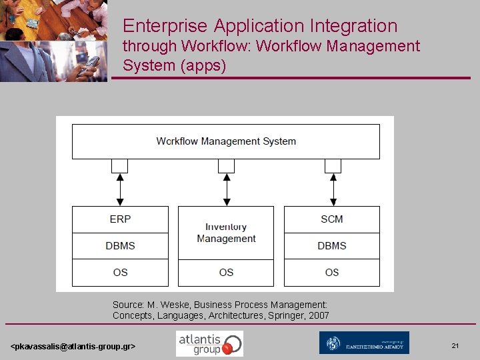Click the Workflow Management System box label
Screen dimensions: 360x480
tap(226, 141)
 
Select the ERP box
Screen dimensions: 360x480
tap(120, 219)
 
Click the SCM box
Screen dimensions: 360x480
tap(331, 219)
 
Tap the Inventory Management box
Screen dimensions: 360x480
tap(226, 233)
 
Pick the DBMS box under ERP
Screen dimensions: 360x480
tap(120, 246)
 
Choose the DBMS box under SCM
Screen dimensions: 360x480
tap(331, 246)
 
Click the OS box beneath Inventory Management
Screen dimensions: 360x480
tap(226, 273)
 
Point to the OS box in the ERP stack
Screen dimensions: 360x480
tap(120, 273)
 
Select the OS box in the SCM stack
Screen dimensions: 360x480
tap(331, 273)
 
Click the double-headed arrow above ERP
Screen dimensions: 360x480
tap(120, 189)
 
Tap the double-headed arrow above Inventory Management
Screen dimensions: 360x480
tap(227, 189)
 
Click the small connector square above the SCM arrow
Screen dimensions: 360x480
tap(333, 165)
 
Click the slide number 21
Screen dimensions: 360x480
tap(455, 345)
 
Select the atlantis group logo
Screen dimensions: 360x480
tap(209, 343)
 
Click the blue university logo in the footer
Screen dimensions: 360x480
tap(364, 343)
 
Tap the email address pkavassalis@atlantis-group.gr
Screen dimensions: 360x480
tap(73, 347)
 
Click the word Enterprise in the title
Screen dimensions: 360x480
tap(165, 26)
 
